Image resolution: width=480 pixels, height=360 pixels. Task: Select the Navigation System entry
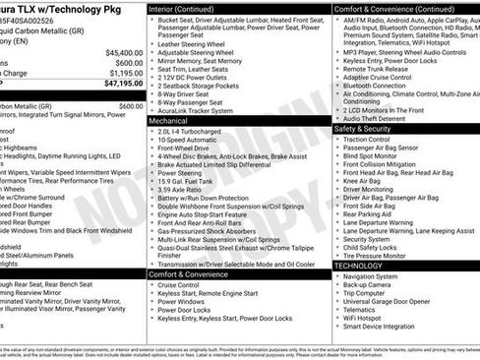point(379,277)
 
